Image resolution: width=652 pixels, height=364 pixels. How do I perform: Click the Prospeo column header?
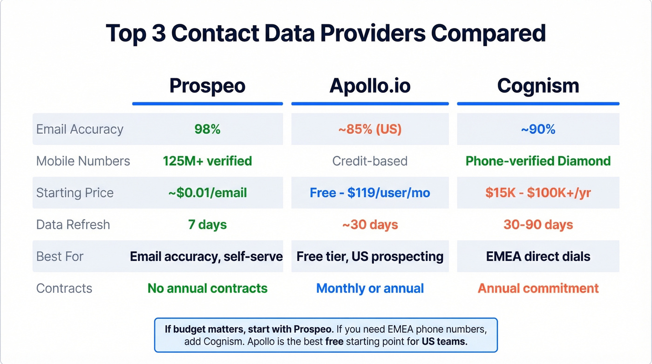207,86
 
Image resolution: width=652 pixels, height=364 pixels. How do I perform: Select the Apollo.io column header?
370,86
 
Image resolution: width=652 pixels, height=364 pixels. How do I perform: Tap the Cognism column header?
538,86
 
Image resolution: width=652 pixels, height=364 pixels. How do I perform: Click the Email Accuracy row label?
80,129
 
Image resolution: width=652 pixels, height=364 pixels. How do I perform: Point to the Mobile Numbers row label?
83,161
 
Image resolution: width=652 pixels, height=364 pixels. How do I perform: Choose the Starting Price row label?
75,193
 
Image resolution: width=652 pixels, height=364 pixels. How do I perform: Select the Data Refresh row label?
73,225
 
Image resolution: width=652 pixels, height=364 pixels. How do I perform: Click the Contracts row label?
64,288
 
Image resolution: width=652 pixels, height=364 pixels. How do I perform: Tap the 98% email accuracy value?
207,129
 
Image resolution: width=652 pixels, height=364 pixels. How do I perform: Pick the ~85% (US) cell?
370,129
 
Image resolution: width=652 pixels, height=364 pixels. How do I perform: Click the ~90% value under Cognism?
538,129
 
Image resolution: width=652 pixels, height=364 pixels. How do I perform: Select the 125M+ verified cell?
207,161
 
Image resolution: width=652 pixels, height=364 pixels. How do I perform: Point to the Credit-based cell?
370,161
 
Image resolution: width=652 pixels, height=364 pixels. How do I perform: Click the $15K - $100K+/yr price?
538,193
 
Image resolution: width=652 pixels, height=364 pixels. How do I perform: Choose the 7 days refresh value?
207,225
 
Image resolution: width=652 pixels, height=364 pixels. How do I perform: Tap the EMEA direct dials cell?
538,256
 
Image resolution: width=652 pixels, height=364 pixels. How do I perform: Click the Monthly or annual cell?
370,288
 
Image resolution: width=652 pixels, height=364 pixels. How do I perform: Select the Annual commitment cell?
538,288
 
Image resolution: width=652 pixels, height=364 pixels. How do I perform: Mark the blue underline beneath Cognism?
538,103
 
